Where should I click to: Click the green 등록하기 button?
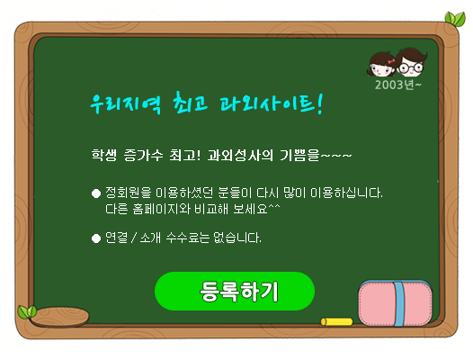[x=235, y=291]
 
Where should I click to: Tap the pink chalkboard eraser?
[x=395, y=303]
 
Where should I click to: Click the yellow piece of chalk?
[x=336, y=321]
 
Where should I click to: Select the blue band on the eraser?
[x=398, y=303]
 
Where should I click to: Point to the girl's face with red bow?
[x=381, y=65]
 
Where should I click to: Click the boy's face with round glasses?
[x=411, y=62]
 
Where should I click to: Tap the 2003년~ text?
[x=397, y=85]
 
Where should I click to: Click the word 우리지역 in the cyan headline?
[x=126, y=103]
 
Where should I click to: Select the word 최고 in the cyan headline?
[x=191, y=102]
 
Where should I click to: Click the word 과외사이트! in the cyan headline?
[x=272, y=103]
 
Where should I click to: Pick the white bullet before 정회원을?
[x=96, y=193]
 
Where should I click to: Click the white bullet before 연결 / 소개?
[x=96, y=238]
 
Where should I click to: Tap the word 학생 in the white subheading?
[x=104, y=155]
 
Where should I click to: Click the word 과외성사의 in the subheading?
[x=240, y=155]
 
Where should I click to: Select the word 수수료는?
[x=188, y=238]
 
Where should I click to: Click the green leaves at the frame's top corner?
[x=455, y=19]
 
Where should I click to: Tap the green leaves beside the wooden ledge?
[x=27, y=312]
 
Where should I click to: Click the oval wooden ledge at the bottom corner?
[x=59, y=317]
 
